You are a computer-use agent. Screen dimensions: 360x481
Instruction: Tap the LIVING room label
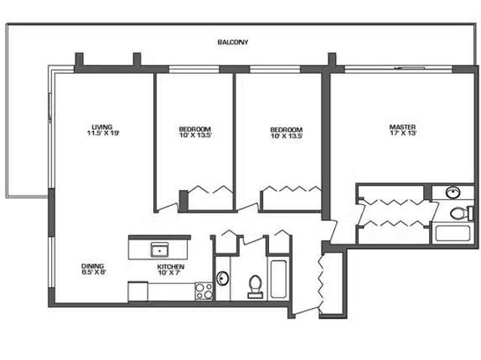102,126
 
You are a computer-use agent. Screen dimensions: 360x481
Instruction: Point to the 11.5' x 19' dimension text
102,134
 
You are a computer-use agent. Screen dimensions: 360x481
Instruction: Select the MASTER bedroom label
402,126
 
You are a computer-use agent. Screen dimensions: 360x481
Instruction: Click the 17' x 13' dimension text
402,134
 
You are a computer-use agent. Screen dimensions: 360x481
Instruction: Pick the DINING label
93,265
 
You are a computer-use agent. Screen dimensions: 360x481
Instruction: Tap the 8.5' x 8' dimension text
93,273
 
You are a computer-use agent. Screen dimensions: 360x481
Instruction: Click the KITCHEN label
171,267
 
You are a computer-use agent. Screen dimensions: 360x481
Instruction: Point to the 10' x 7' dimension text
171,274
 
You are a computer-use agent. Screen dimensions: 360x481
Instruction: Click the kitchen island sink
159,250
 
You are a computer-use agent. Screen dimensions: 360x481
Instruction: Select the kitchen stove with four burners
204,290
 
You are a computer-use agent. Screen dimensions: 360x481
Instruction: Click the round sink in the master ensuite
454,192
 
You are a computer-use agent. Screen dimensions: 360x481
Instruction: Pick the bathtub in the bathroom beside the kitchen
277,280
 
